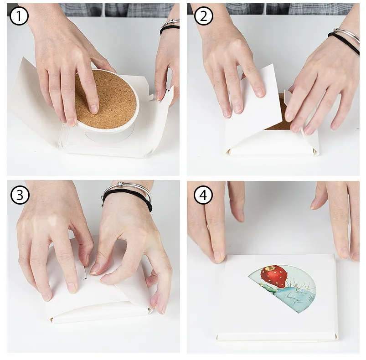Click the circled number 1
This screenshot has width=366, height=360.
19,16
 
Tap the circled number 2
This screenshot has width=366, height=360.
204,16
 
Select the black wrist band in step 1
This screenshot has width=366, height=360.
170,29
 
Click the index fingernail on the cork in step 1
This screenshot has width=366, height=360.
94,109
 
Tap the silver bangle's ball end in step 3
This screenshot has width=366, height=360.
120,184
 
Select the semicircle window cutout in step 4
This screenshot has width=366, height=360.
282,288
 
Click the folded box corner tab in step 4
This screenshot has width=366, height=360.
336,336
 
